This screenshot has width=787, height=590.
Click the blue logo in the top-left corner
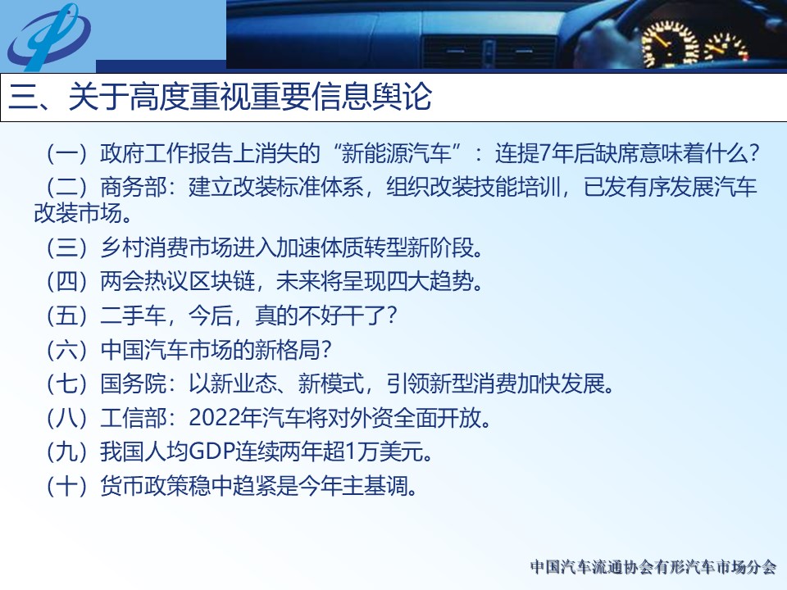point(48,36)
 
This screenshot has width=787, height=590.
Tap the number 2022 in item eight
point(214,418)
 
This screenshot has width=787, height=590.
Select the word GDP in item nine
point(213,452)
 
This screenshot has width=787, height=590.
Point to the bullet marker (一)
point(66,153)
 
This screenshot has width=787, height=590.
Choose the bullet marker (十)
point(66,486)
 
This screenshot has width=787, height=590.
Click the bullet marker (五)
point(66,315)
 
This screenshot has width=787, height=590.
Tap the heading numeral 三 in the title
point(24,97)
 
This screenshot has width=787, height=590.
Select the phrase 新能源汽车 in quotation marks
point(397,153)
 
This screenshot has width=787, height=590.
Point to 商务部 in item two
point(133,187)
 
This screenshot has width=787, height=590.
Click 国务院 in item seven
point(133,383)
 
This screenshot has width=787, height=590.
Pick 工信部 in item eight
point(133,418)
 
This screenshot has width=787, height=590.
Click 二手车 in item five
point(133,315)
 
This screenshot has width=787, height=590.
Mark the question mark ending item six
point(326,349)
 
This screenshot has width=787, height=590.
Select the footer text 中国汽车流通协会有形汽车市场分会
point(653,567)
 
